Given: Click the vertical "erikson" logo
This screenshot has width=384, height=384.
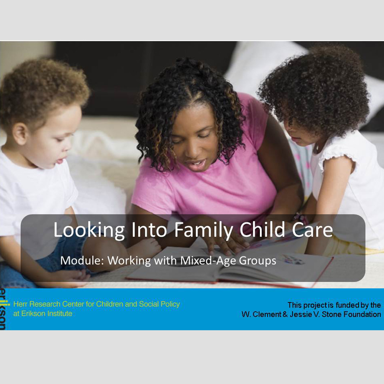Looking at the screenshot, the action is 3,309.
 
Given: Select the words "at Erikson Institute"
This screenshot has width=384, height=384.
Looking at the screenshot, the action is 43,314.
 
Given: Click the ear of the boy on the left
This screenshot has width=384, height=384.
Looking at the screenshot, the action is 20,134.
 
